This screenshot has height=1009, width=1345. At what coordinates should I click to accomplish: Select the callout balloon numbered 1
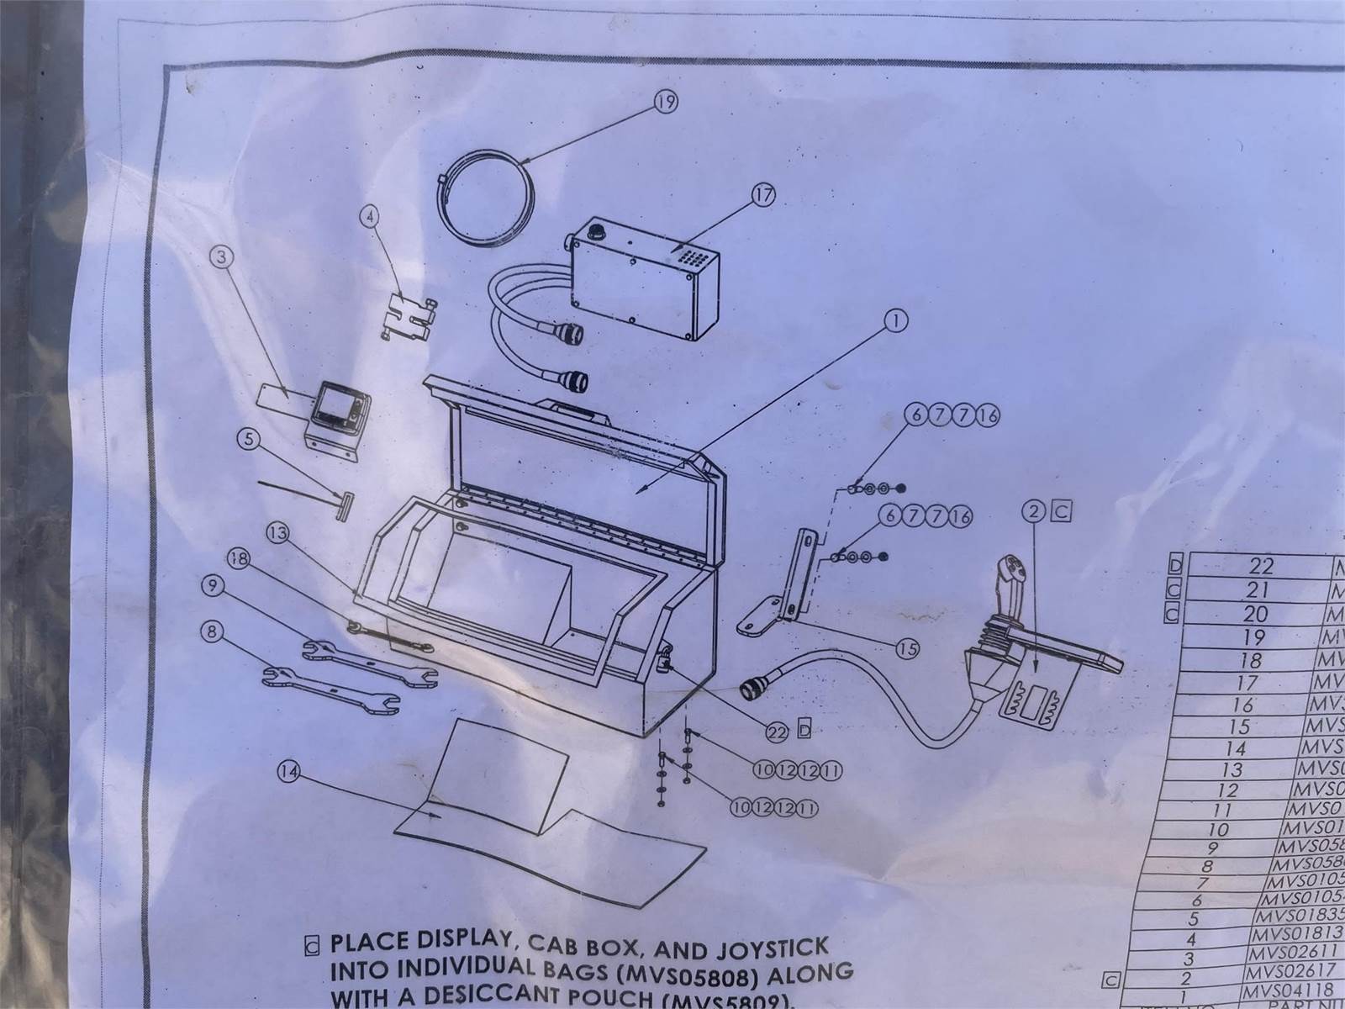(x=898, y=320)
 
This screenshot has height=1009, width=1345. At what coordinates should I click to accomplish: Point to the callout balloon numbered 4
(x=367, y=216)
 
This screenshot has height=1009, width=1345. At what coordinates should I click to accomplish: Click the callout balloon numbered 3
(x=222, y=259)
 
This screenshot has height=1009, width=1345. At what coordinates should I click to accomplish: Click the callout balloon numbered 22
(x=776, y=732)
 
